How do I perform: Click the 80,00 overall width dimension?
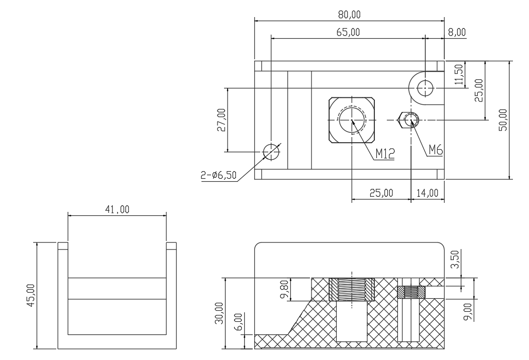(x=349, y=15)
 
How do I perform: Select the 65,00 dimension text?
(x=348, y=32)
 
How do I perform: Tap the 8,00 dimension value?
(x=457, y=32)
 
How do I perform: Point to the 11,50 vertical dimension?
(x=459, y=75)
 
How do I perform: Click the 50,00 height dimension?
(x=503, y=120)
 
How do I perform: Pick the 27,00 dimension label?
(x=222, y=120)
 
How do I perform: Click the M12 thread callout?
(x=385, y=154)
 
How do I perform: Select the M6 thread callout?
(x=436, y=150)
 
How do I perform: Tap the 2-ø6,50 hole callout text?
(x=219, y=175)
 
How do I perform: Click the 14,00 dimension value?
(x=428, y=193)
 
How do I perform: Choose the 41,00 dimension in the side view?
(x=117, y=209)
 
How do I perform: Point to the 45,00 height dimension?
(x=31, y=295)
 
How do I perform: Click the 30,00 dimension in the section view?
(x=220, y=313)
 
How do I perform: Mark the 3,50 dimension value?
(x=455, y=259)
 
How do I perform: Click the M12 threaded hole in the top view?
(x=352, y=120)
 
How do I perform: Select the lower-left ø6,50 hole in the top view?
(x=271, y=152)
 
